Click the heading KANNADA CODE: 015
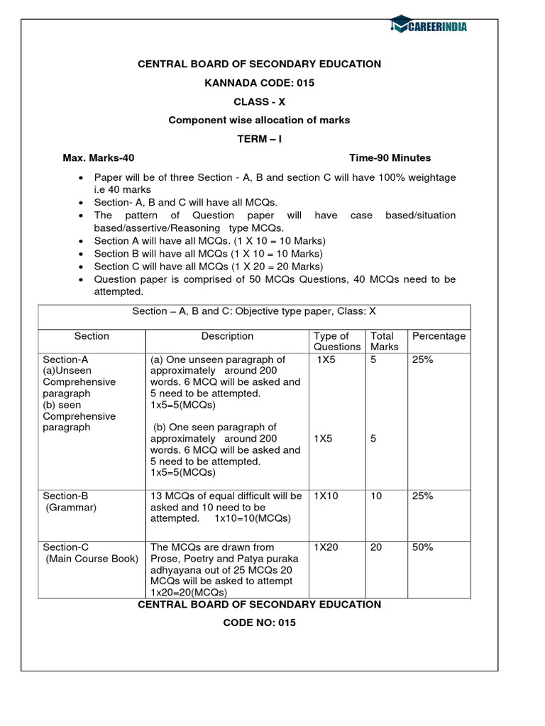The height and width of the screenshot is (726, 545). (259, 83)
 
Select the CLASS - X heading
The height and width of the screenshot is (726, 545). (259, 101)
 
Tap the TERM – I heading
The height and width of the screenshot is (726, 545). (259, 139)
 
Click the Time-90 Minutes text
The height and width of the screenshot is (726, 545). (390, 157)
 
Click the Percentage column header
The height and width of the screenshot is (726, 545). (439, 336)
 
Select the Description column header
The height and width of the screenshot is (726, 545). (227, 336)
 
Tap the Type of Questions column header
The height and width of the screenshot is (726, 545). (337, 341)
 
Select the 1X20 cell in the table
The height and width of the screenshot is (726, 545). (326, 547)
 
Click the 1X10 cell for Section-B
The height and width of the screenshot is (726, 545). (326, 496)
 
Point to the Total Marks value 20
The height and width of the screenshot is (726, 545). (376, 547)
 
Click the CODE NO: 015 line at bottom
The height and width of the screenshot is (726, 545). (259, 622)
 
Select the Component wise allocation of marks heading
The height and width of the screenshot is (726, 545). (259, 121)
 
